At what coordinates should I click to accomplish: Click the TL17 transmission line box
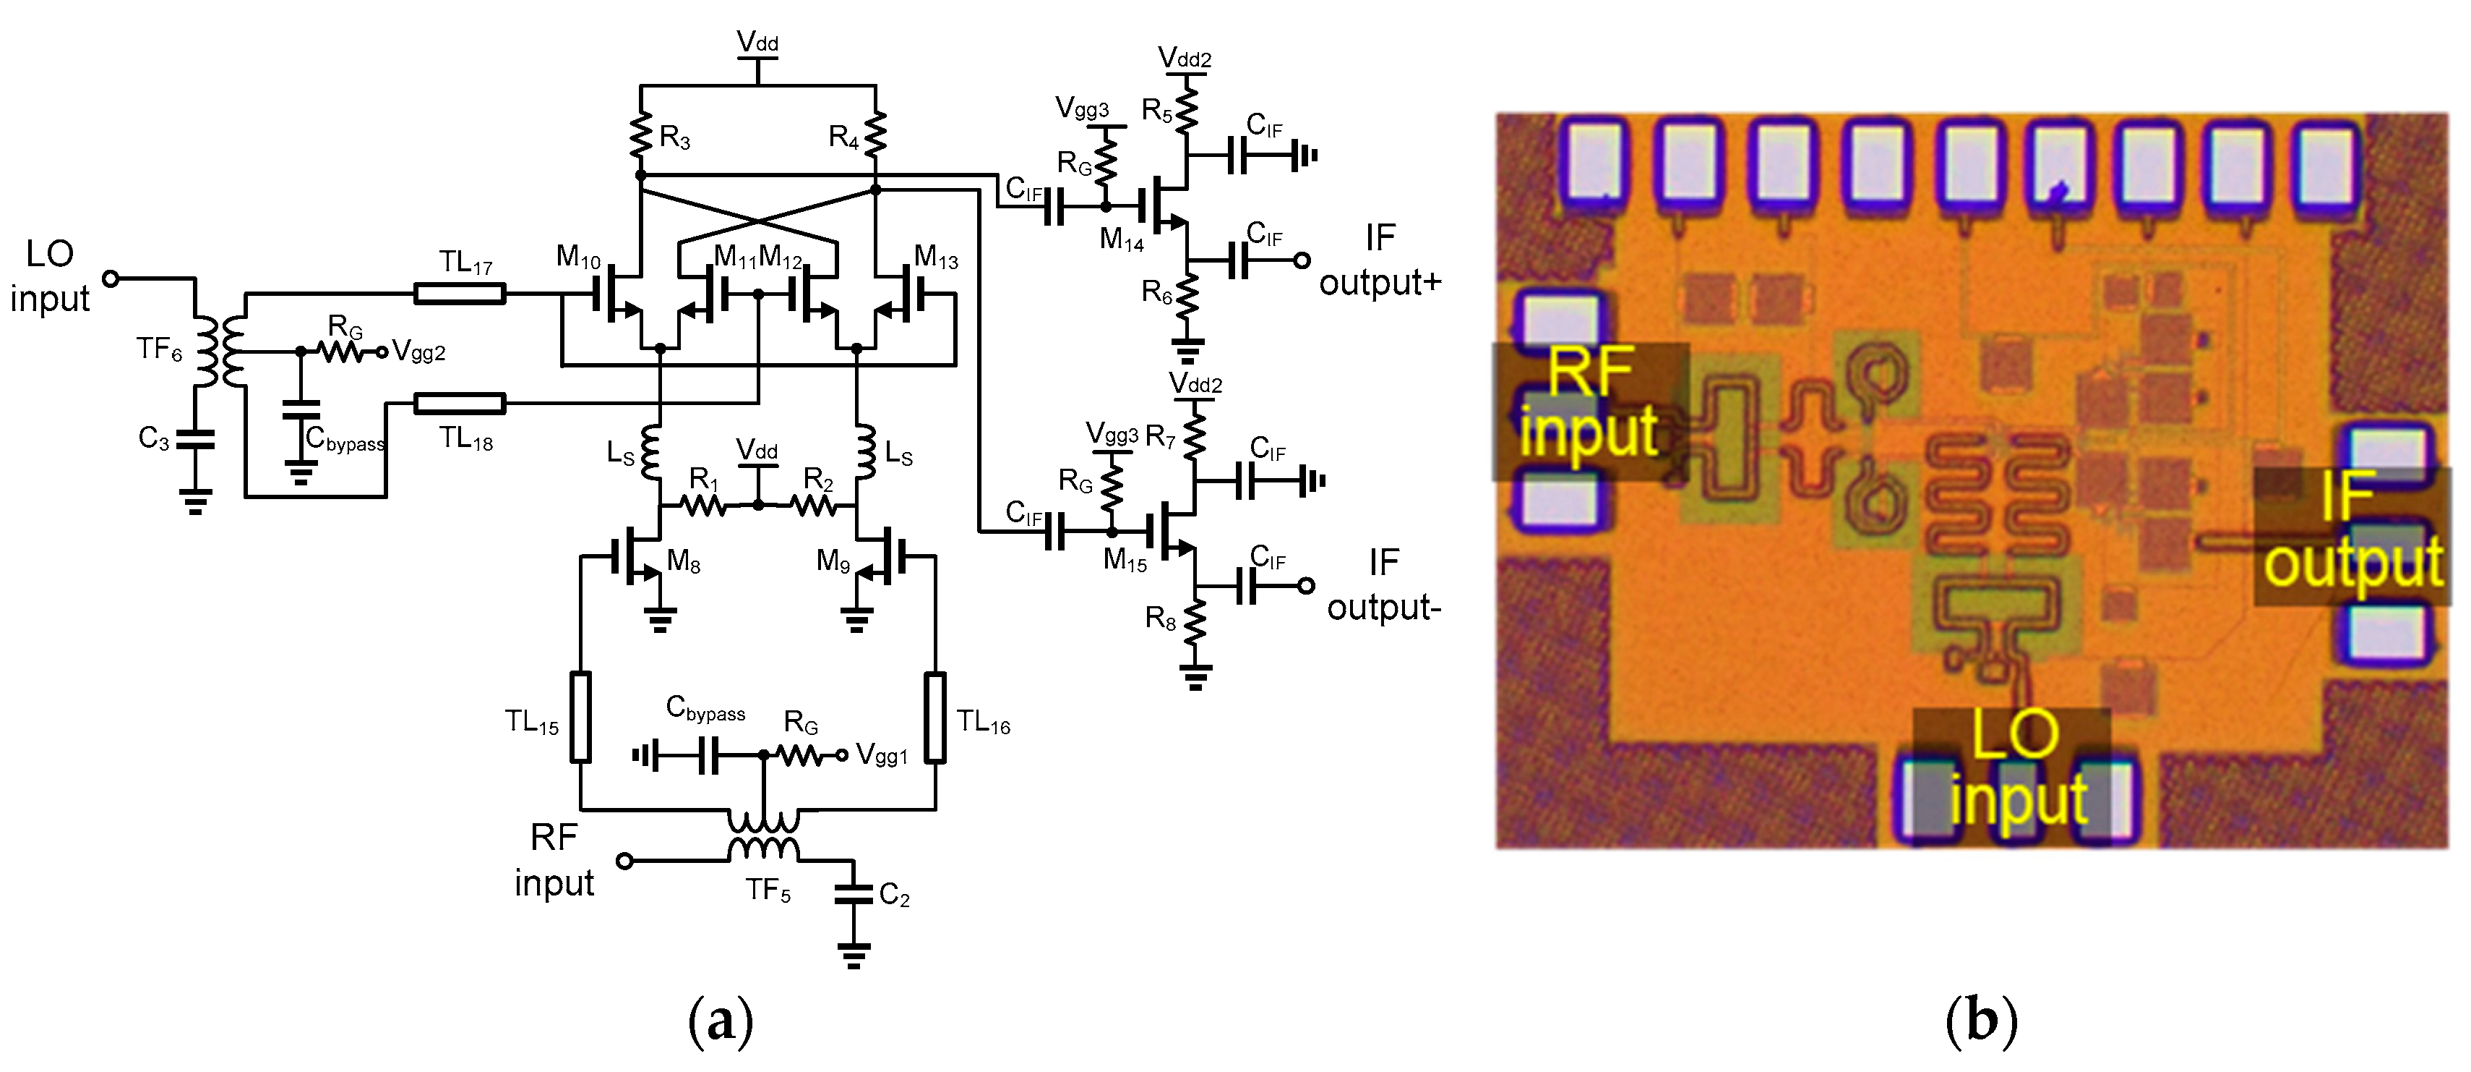coord(460,293)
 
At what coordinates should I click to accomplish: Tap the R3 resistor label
coord(674,139)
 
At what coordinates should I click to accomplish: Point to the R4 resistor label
coord(843,139)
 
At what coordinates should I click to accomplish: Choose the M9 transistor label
coord(833,561)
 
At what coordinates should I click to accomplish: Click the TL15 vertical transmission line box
coord(580,717)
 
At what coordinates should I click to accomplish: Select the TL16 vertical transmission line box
coord(935,717)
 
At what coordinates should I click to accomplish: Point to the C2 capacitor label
coord(894,896)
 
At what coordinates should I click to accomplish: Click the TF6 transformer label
coord(158,349)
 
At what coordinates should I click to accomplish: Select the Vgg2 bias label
coord(419,352)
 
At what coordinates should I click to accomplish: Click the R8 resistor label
coord(1160,619)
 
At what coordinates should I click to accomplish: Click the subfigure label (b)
coord(1982,1021)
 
